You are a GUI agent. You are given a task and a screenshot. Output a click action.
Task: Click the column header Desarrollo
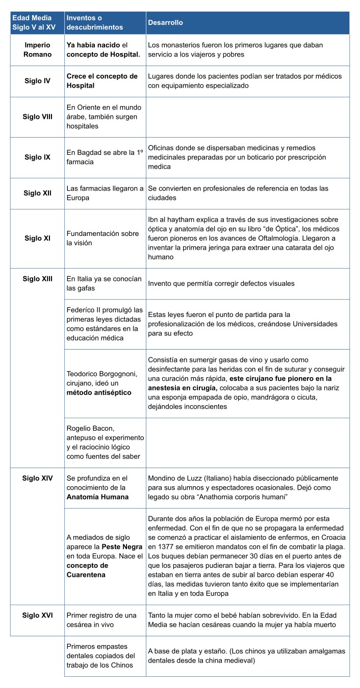pos(165,23)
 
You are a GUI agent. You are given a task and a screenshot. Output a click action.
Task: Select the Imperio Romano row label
pos(38,50)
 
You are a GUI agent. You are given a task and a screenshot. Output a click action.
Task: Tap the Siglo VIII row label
pos(38,117)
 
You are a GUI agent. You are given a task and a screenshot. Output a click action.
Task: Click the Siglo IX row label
pos(38,157)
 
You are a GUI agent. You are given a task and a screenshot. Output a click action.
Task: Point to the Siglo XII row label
pos(38,193)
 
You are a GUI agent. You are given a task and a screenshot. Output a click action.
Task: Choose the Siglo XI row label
pos(38,238)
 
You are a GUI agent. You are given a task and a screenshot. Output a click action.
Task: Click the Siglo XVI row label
pos(38,615)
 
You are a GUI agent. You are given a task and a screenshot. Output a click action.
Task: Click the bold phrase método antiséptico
pos(99,392)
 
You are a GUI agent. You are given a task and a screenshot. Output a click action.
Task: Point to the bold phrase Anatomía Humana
pos(97,497)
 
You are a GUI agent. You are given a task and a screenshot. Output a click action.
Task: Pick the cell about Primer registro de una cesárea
pos(105,620)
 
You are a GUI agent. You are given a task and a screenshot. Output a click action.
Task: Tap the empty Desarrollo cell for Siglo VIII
pos(247,117)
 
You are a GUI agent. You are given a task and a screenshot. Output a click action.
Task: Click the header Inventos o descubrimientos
pos(95,23)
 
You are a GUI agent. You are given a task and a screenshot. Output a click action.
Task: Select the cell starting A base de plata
pos(247,656)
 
